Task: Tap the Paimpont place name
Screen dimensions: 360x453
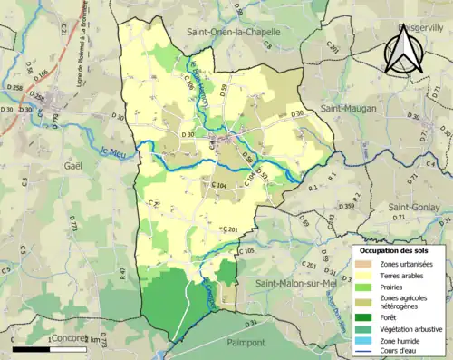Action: (246, 343)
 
